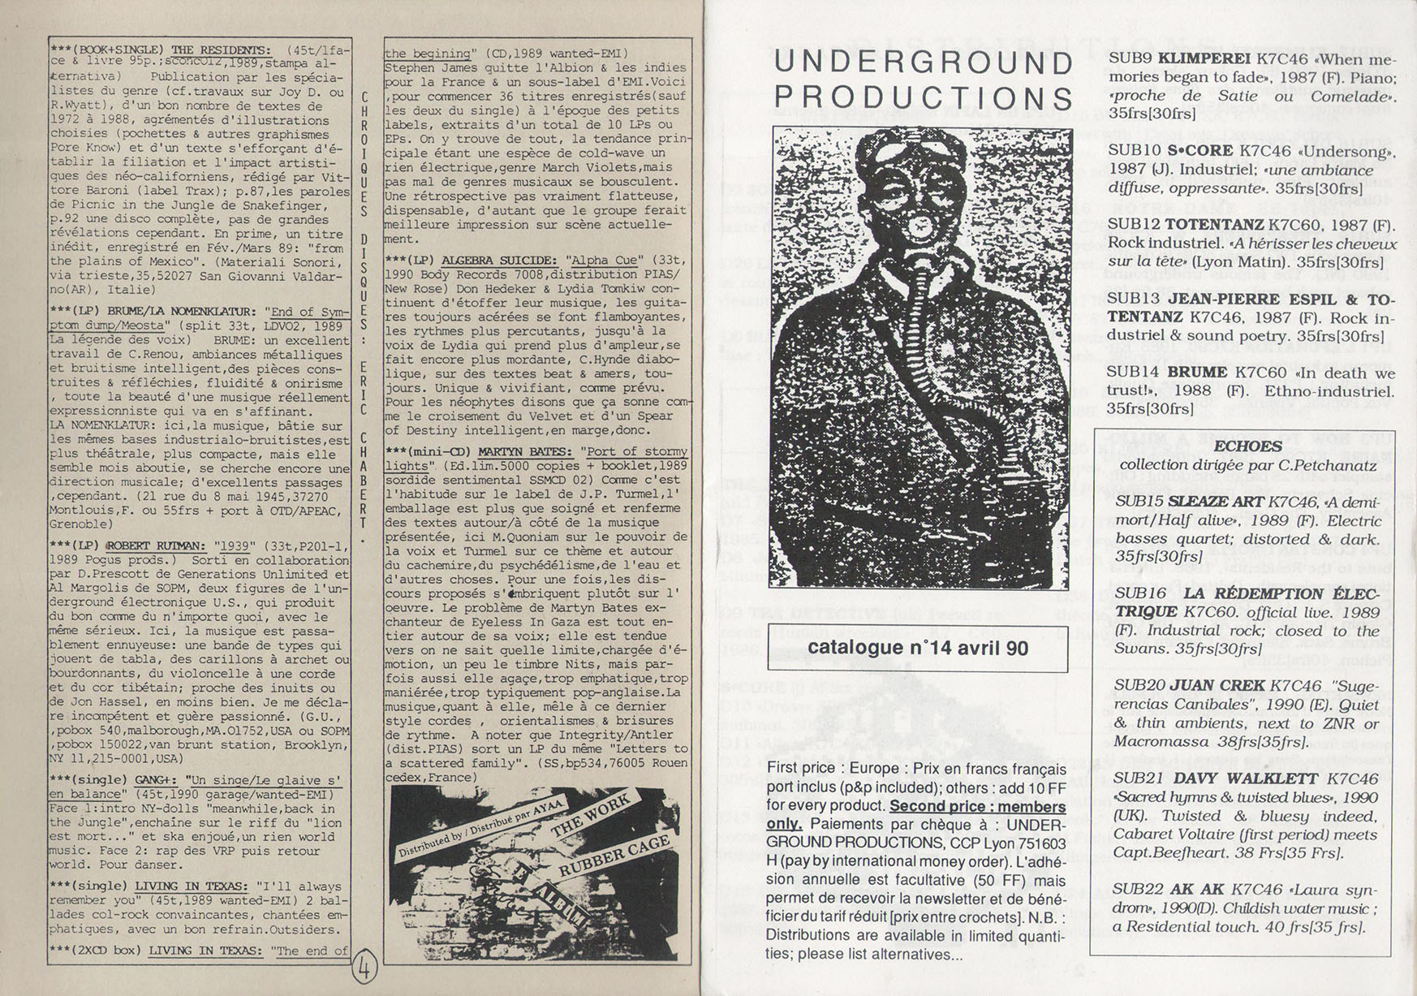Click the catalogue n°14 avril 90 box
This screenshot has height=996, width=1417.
click(918, 649)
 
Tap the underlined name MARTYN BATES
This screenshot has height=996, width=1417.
click(524, 451)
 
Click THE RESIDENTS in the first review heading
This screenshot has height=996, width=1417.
click(221, 50)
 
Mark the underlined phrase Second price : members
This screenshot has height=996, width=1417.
click(977, 807)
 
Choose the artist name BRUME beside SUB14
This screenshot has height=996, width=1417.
click(1197, 373)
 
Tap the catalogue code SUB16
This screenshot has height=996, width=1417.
click(1139, 593)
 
